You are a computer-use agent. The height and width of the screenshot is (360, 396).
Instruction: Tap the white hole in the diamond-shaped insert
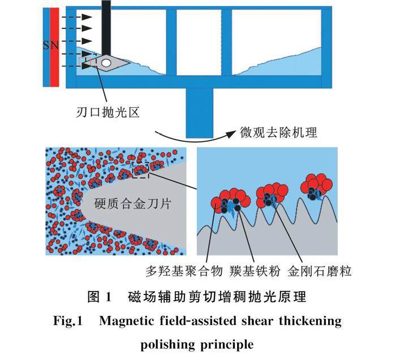pos(106,62)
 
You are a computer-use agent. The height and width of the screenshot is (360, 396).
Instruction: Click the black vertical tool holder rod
pos(106,25)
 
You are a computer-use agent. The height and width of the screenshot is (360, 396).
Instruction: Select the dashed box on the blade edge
pos(140,170)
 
